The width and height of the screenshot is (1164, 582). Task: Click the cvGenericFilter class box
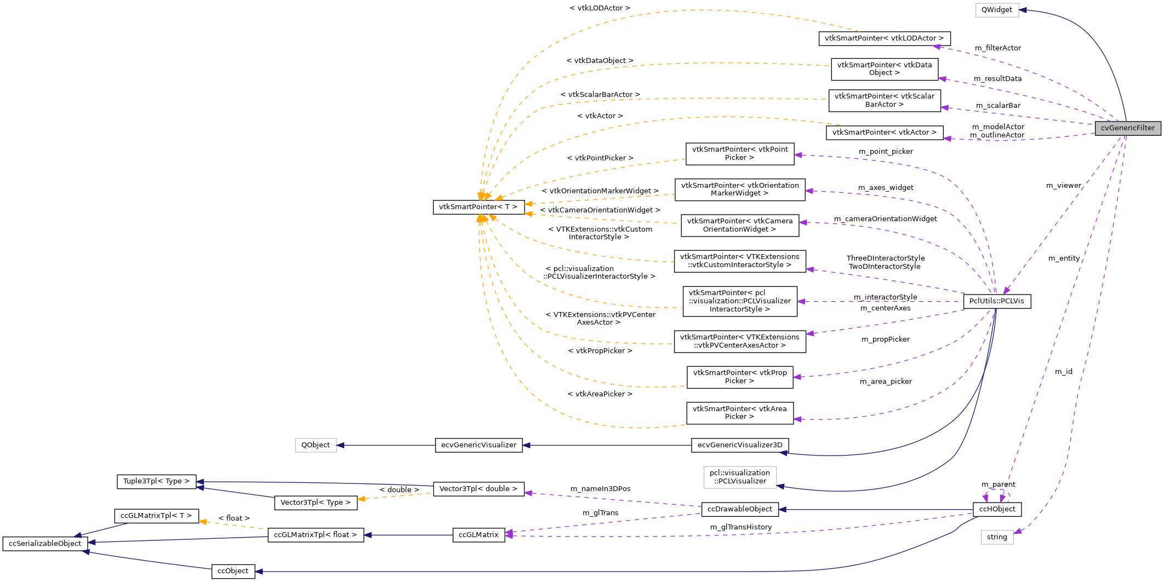pyautogui.click(x=1127, y=128)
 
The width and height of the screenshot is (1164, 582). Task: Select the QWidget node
pyautogui.click(x=996, y=10)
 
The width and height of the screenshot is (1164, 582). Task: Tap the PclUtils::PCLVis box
pyautogui.click(x=996, y=301)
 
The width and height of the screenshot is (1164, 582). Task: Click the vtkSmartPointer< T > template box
pyautogui.click(x=478, y=207)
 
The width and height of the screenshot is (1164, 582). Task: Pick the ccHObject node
pyautogui.click(x=996, y=509)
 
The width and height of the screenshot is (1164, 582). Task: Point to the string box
pyautogui.click(x=996, y=537)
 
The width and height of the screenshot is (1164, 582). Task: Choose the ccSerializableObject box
pyautogui.click(x=45, y=544)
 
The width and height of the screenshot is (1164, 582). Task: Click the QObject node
pyautogui.click(x=315, y=445)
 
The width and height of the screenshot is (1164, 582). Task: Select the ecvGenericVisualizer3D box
pyautogui.click(x=739, y=445)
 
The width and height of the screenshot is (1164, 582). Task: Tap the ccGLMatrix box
pyautogui.click(x=478, y=535)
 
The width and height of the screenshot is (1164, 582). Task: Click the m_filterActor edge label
pyautogui.click(x=997, y=48)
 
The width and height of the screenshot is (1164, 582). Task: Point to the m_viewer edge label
pyautogui.click(x=1063, y=186)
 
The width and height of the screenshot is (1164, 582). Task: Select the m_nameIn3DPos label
pyautogui.click(x=600, y=489)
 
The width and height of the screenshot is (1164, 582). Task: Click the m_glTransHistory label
pyautogui.click(x=740, y=527)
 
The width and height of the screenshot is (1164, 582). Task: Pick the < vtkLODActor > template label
pyautogui.click(x=600, y=8)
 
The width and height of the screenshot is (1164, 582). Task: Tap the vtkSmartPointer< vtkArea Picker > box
pyautogui.click(x=739, y=413)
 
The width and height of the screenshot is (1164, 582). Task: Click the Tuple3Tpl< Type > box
pyautogui.click(x=156, y=481)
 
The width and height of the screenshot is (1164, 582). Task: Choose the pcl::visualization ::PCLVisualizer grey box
pyautogui.click(x=739, y=477)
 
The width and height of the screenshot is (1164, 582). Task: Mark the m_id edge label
pyautogui.click(x=1063, y=372)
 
